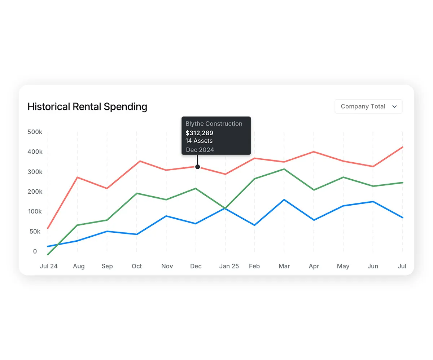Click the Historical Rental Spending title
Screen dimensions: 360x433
point(87,107)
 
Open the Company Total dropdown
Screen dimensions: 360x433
point(368,106)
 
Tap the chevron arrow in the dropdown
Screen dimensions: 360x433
point(394,106)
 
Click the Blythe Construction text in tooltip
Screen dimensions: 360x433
point(214,124)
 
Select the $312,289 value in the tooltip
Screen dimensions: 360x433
point(199,133)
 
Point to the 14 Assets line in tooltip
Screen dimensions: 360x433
point(199,141)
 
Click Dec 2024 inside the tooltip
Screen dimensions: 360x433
point(200,150)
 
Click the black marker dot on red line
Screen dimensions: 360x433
point(197,167)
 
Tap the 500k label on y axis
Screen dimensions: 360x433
point(35,132)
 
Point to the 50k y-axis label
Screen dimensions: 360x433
point(35,232)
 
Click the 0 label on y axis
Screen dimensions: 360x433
point(35,251)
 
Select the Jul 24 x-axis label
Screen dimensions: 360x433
point(48,266)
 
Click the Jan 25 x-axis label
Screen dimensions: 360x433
point(229,266)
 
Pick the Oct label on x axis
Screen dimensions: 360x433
point(137,266)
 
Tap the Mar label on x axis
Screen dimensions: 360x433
point(284,266)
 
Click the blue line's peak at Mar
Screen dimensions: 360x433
point(284,200)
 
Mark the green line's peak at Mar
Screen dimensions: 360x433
point(284,169)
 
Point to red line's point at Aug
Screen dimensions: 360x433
point(78,177)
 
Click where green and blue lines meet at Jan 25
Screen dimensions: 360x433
point(225,208)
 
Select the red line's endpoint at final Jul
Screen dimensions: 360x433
point(402,147)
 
